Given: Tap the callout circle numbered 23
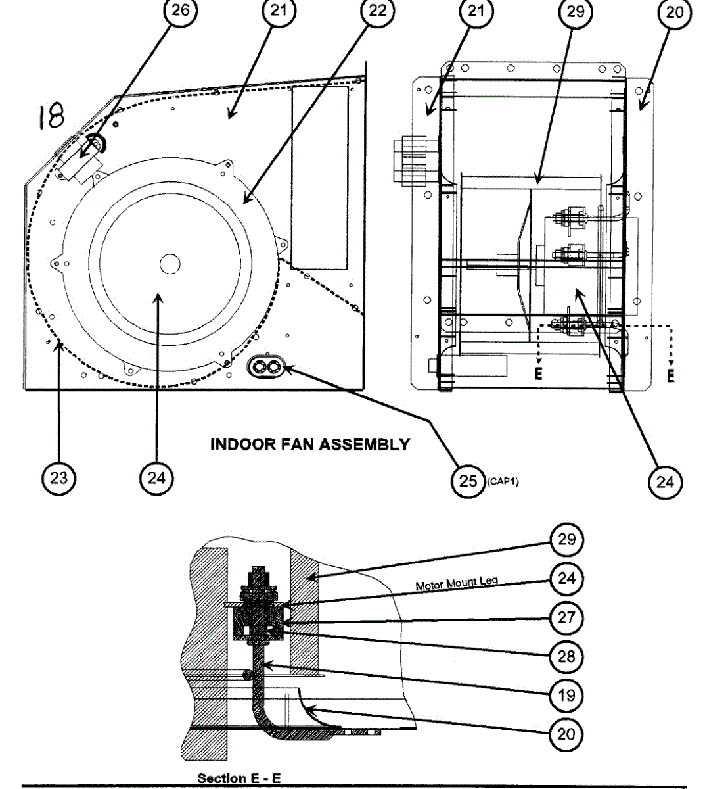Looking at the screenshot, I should click(x=58, y=479).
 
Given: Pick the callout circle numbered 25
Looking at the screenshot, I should click(x=468, y=481).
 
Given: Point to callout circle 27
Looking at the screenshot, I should click(x=566, y=617).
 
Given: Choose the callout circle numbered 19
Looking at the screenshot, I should click(x=566, y=694).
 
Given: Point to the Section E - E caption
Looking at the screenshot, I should click(x=239, y=778).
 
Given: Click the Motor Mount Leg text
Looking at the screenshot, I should click(x=457, y=583).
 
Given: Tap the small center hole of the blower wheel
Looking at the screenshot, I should click(x=170, y=264).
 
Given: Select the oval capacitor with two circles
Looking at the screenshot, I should click(x=267, y=368).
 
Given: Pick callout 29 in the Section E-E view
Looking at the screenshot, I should click(x=566, y=540).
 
